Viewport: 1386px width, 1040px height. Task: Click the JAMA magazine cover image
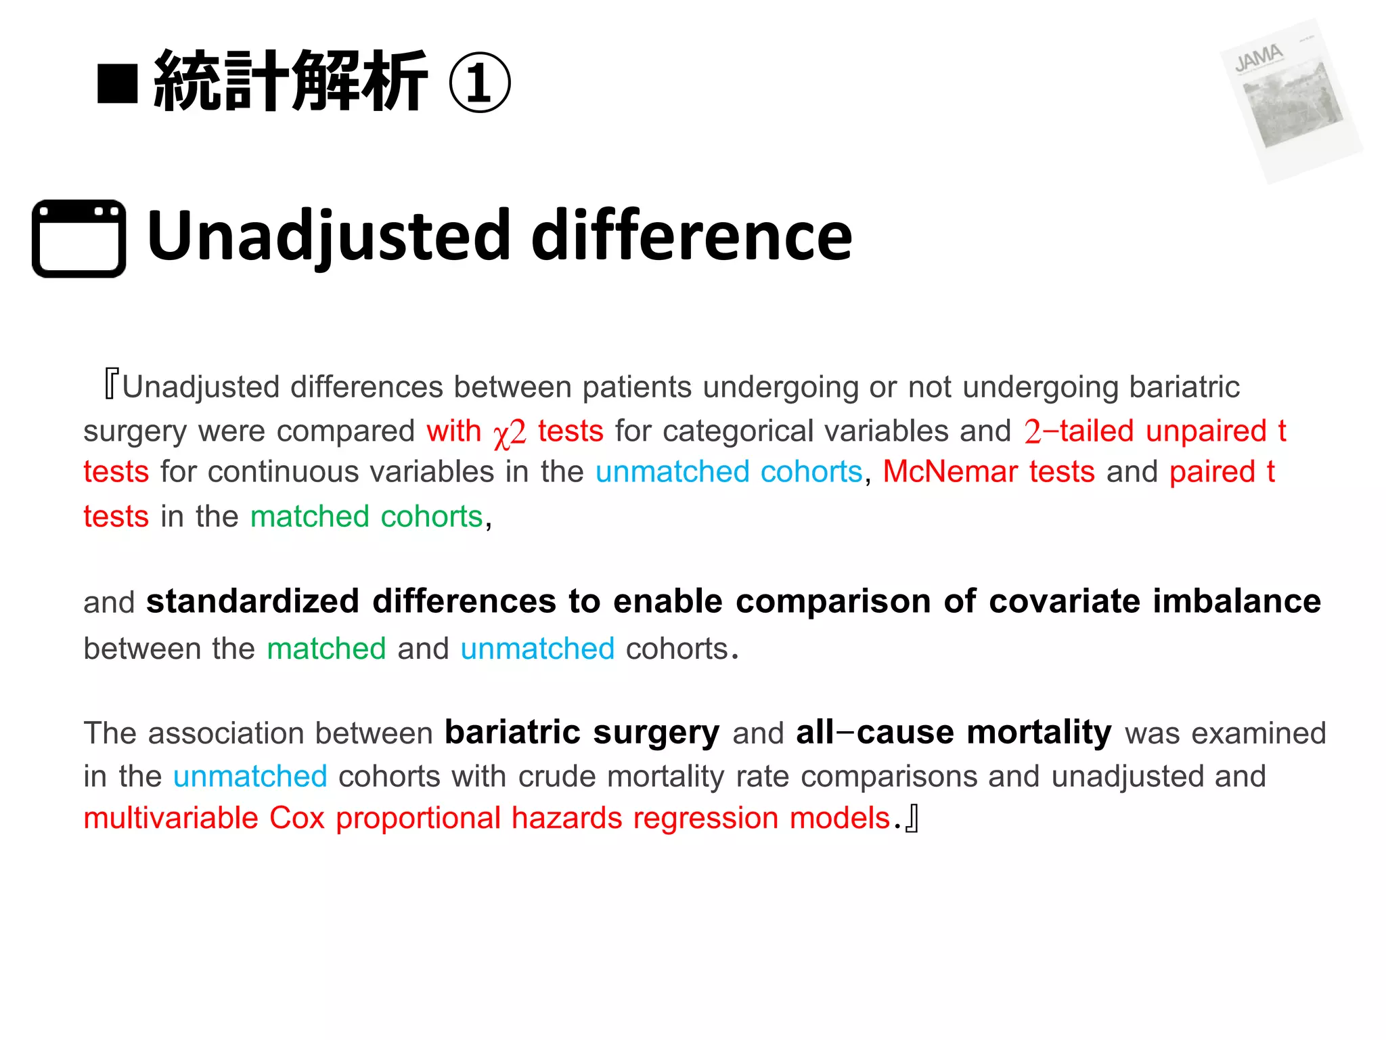pyautogui.click(x=1291, y=100)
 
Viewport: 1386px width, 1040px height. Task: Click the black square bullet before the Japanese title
pyautogui.click(x=118, y=84)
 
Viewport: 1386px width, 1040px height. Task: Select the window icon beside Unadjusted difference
pyautogui.click(x=79, y=238)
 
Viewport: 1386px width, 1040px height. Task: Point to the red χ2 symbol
pyautogui.click(x=510, y=433)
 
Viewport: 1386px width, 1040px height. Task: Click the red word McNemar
pyautogui.click(x=949, y=472)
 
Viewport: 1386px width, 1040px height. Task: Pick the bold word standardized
pyautogui.click(x=252, y=601)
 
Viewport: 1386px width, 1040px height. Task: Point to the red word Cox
pyautogui.click(x=297, y=818)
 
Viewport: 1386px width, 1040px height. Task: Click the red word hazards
pyautogui.click(x=566, y=818)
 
